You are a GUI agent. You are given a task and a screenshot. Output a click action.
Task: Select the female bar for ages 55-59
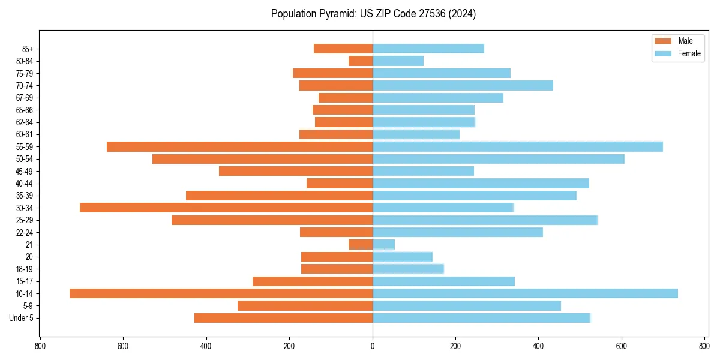[517, 146]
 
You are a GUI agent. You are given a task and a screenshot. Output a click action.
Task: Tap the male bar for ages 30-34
[226, 208]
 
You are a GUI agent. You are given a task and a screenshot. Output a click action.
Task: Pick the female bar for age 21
[383, 244]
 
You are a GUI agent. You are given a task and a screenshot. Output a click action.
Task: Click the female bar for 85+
[428, 49]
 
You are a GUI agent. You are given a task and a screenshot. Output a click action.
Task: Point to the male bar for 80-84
[361, 61]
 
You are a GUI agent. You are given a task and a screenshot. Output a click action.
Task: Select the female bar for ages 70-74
[463, 85]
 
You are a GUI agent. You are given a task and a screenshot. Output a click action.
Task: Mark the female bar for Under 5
[481, 318]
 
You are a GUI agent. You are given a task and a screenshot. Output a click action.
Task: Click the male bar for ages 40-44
[340, 183]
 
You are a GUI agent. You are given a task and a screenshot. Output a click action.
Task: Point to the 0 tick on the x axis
[373, 346]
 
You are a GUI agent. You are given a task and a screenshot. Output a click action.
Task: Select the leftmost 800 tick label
[40, 346]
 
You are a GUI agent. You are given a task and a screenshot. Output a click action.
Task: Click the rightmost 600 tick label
[621, 346]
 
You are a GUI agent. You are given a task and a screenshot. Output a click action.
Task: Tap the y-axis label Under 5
[22, 318]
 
